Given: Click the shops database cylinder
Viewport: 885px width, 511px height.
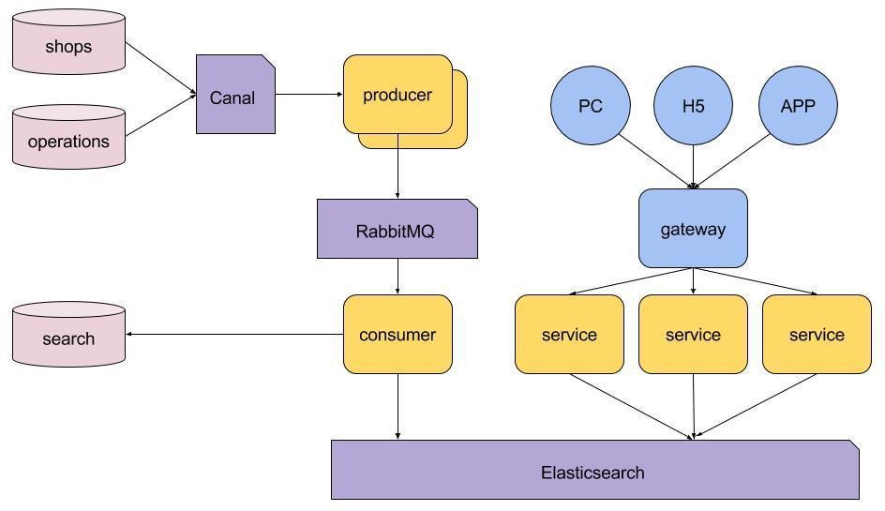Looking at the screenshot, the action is pyautogui.click(x=68, y=42).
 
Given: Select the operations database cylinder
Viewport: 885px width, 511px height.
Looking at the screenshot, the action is pyautogui.click(x=68, y=137).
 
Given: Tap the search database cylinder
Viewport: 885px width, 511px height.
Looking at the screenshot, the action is pyautogui.click(x=68, y=335).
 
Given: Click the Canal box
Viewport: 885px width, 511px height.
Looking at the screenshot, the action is pyautogui.click(x=235, y=95).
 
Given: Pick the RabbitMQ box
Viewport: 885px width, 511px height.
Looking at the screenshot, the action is pyautogui.click(x=397, y=229).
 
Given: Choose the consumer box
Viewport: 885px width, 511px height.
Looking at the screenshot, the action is pyautogui.click(x=397, y=335).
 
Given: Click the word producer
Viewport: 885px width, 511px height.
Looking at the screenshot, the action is pyautogui.click(x=397, y=95).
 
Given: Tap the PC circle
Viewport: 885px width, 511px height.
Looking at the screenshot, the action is pyautogui.click(x=591, y=106).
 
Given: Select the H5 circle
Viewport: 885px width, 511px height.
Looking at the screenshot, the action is pyautogui.click(x=693, y=106).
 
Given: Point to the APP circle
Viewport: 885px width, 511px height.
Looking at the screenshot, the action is pyautogui.click(x=798, y=106).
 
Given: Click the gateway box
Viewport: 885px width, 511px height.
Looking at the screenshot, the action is pyautogui.click(x=693, y=228).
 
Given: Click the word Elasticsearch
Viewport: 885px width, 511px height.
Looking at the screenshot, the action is pyautogui.click(x=592, y=473).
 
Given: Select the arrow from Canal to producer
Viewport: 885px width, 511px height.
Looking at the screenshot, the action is pyautogui.click(x=309, y=95).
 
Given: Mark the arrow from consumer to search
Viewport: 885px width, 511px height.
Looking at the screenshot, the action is pyautogui.click(x=234, y=335).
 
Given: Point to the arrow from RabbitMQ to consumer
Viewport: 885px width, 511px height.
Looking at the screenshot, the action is pyautogui.click(x=397, y=277).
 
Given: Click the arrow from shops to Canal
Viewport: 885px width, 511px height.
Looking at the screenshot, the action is pyautogui.click(x=161, y=68).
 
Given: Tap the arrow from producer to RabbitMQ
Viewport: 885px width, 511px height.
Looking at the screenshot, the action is pyautogui.click(x=397, y=166).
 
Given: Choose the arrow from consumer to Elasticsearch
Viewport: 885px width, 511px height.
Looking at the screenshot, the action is pyautogui.click(x=397, y=407).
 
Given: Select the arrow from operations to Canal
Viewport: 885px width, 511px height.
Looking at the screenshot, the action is pyautogui.click(x=161, y=115).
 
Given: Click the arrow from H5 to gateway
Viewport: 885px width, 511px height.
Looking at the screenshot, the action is pyautogui.click(x=693, y=167).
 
